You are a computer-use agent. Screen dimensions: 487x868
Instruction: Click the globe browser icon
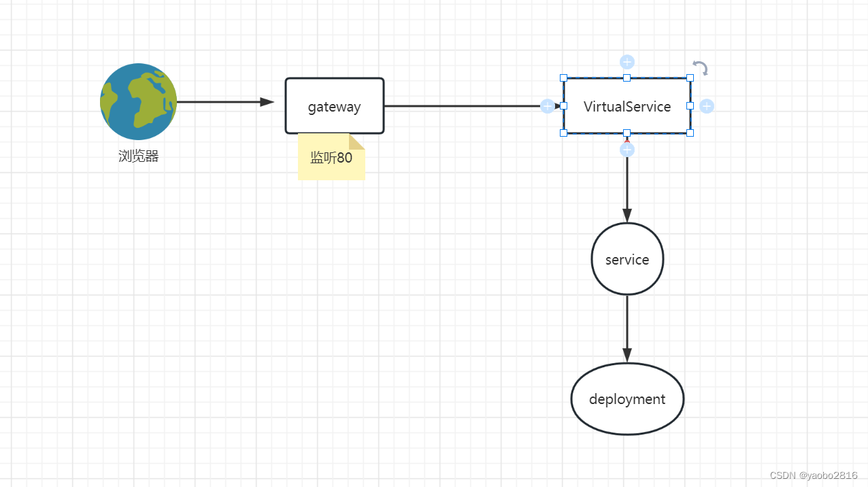click(139, 101)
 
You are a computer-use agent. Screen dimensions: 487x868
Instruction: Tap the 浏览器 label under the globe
click(139, 156)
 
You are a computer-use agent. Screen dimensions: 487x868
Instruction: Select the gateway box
click(334, 106)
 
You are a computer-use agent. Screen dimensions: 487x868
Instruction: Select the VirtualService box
click(627, 106)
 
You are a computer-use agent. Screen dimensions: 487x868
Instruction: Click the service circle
click(627, 259)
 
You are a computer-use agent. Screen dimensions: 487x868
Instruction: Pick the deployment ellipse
click(627, 399)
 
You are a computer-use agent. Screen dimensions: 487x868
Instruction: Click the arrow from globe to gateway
click(224, 102)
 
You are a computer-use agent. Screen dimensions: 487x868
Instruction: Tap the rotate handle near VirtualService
click(701, 68)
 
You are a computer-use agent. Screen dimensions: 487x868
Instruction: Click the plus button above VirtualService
click(627, 62)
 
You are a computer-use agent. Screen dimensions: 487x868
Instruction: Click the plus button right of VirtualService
click(707, 106)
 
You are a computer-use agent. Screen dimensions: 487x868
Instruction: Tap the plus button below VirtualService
click(627, 150)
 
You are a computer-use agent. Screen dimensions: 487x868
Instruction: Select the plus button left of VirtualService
click(547, 106)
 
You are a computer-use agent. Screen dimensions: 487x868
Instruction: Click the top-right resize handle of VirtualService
click(690, 78)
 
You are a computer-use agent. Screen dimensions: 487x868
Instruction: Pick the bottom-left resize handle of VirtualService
click(563, 133)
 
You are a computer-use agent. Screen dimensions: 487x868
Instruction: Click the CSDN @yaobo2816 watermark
click(814, 475)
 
